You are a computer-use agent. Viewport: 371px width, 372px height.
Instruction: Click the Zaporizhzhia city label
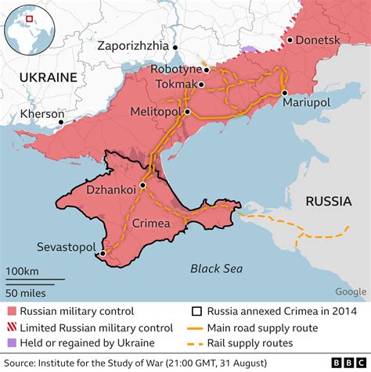[x=134, y=45]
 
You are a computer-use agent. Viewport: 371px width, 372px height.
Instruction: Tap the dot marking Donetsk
[x=290, y=40]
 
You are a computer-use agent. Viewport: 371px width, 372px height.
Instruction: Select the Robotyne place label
[x=176, y=70]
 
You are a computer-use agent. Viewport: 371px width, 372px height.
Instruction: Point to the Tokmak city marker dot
[x=202, y=84]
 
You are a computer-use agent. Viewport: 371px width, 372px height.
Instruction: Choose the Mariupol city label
[x=308, y=102]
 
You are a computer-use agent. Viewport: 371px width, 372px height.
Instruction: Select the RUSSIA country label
[x=328, y=201]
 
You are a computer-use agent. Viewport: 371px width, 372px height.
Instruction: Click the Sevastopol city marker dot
[x=102, y=253]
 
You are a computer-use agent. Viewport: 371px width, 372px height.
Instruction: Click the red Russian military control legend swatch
[x=11, y=311]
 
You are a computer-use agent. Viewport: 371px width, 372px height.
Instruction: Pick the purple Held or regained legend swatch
[x=11, y=342]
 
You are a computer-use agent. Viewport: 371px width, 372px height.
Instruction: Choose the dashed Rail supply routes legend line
[x=200, y=342]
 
